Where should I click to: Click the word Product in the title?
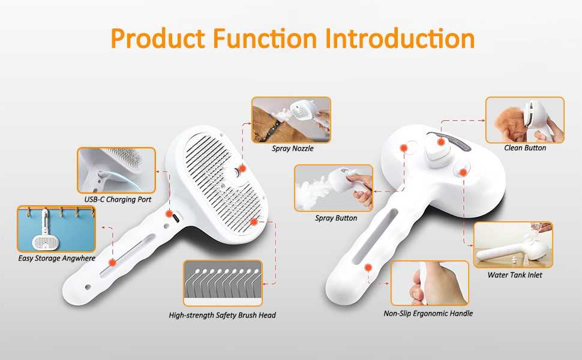tap(158, 39)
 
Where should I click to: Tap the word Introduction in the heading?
tap(400, 38)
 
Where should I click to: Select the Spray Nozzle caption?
tap(292, 148)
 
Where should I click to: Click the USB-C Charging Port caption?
tap(118, 199)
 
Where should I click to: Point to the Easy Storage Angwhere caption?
tap(57, 259)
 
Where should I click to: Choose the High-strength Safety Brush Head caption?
tap(223, 315)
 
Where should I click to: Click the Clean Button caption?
tap(525, 148)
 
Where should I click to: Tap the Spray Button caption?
tap(336, 218)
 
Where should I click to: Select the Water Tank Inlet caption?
tap(515, 275)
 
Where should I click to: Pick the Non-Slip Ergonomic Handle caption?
tap(428, 314)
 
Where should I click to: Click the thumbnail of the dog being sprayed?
tap(291, 120)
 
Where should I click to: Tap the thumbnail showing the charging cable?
tap(116, 170)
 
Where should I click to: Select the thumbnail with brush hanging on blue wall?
tap(56, 229)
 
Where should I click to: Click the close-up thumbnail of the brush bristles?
tap(223, 283)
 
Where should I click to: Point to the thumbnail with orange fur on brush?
tap(525, 120)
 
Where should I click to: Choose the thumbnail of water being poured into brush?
tap(514, 245)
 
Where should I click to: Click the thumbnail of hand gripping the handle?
tap(430, 283)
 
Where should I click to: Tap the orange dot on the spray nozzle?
tap(242, 169)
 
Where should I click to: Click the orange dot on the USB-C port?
tap(169, 214)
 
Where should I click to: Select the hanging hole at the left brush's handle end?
tap(88, 287)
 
